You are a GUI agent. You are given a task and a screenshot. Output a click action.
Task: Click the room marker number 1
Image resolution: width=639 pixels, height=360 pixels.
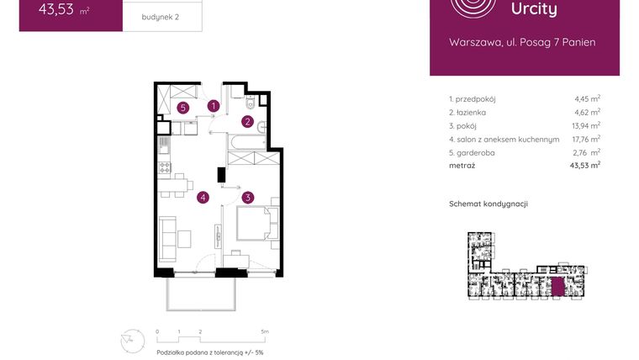tap(214, 106)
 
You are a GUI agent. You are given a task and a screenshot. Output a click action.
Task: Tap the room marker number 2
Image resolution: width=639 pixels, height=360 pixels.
tap(247, 121)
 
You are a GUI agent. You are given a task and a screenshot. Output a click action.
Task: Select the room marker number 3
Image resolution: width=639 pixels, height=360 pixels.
tap(247, 198)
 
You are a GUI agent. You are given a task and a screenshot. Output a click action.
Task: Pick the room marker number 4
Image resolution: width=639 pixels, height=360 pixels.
tap(203, 198)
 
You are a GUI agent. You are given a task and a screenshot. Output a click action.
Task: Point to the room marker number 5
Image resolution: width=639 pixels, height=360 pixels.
tap(182, 108)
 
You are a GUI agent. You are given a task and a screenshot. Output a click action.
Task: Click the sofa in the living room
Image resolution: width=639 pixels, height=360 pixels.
tap(167, 236)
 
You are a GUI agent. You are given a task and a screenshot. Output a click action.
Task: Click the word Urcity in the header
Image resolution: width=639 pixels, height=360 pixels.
tap(534, 9)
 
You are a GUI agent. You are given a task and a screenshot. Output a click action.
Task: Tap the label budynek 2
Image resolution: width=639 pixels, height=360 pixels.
tap(161, 16)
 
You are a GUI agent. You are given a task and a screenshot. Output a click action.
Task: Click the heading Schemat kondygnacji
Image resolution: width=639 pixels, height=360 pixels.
tap(488, 204)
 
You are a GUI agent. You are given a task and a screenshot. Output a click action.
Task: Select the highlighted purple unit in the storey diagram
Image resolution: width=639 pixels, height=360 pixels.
tap(558, 286)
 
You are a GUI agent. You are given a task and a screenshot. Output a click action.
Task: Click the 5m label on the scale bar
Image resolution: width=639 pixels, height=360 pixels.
tap(264, 332)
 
